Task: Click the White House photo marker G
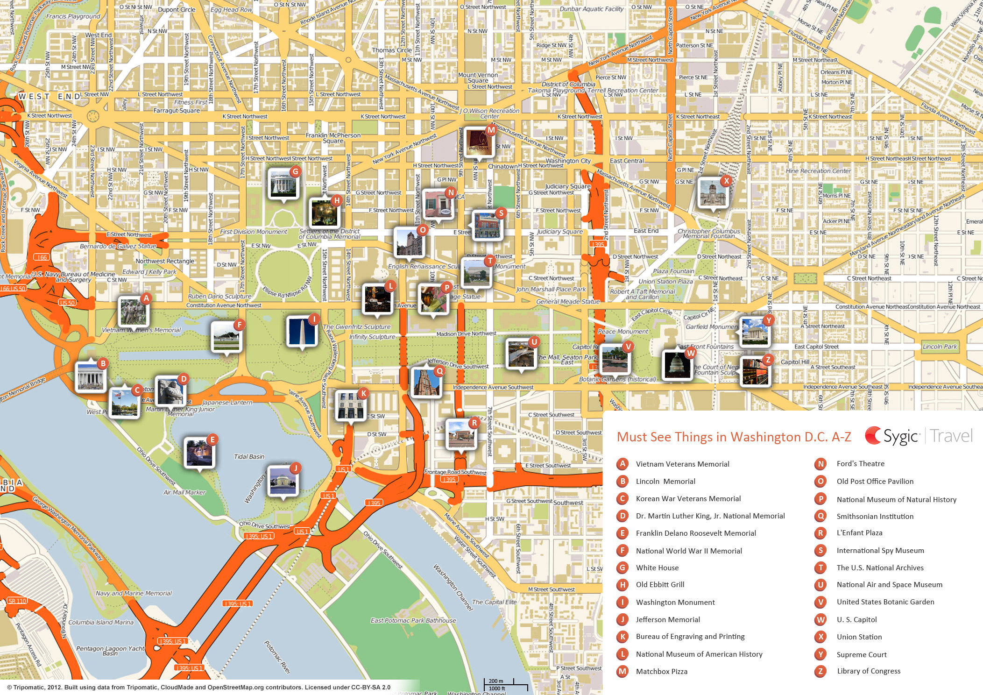tap(283, 184)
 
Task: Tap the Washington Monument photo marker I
tap(302, 331)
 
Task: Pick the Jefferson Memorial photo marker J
tap(283, 481)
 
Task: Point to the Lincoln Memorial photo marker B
tap(91, 376)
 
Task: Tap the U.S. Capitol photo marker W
tap(677, 364)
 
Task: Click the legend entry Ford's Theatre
tap(860, 464)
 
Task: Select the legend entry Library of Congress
tap(869, 671)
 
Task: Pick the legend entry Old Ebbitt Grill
tap(660, 585)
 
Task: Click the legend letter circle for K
tap(622, 637)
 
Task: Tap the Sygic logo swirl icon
tap(872, 436)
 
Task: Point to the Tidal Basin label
tap(249, 457)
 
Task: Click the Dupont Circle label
tap(177, 10)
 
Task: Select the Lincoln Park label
tap(940, 347)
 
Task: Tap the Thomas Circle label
tap(391, 50)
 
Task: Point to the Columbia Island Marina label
tap(101, 623)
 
